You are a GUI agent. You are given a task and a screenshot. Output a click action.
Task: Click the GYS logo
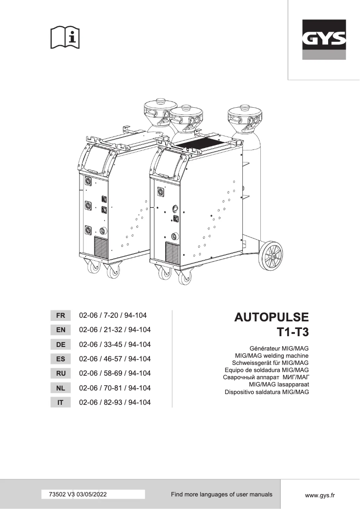coord(324,39)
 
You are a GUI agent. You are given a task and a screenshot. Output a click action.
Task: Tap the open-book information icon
coord(65,38)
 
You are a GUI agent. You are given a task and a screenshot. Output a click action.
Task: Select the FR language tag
coord(60,316)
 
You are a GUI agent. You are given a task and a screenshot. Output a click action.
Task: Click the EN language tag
coord(60,330)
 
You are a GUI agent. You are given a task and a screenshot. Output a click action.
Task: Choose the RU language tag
coord(60,373)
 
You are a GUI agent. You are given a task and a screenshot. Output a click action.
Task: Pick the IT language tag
coord(60,403)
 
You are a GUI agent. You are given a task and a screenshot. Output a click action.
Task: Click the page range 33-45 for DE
coord(115,345)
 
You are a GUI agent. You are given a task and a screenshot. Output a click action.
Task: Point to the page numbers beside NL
coord(114,388)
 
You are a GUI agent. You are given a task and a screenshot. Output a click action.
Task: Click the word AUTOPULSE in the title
coord(272,317)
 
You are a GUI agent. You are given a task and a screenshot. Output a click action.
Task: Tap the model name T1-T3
coord(292,333)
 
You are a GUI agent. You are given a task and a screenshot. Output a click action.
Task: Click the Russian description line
coord(266,377)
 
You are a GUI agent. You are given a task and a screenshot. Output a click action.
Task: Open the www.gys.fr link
coord(320,495)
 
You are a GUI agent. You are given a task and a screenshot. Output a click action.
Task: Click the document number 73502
coord(57,495)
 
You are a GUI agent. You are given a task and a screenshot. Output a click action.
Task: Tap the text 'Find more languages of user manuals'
coord(221,494)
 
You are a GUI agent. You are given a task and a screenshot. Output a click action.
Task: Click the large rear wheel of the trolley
coord(271,255)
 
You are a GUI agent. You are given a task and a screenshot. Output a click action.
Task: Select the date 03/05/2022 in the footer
coord(92,495)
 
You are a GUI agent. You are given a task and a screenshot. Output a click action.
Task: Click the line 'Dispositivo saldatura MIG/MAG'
coord(267,392)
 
